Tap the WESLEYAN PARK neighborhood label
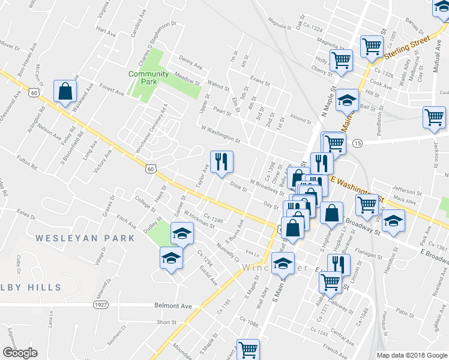[x=85, y=238]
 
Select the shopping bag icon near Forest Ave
[x=65, y=92]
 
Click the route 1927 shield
[x=101, y=305]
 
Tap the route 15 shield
[x=358, y=143]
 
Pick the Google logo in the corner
[x=20, y=353]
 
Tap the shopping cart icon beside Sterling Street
[x=372, y=46]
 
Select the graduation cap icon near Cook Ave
[x=346, y=101]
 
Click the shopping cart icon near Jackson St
[x=434, y=117]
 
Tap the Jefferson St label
[x=407, y=191]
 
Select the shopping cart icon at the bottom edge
[x=247, y=349]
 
